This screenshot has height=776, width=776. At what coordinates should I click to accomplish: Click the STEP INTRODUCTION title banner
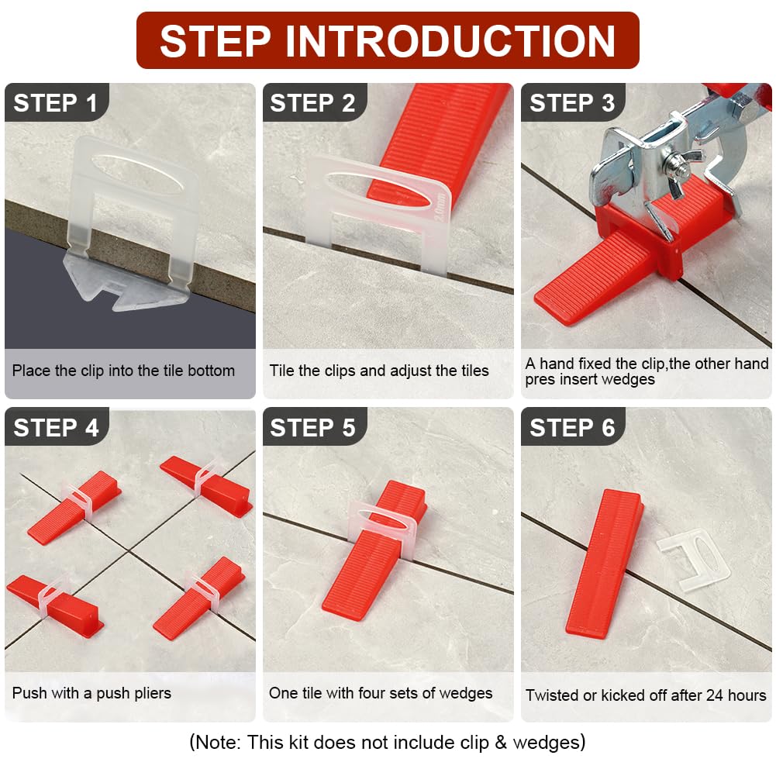pos(388,40)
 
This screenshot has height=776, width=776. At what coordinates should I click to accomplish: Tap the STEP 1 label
pos(55,103)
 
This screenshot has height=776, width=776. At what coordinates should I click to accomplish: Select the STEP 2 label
pos(312,103)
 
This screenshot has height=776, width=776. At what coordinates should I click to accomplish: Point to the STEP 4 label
pos(56,428)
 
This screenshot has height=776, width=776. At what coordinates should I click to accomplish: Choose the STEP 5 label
pos(312,428)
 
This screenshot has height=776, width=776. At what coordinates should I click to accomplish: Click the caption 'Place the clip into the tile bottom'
pos(123,371)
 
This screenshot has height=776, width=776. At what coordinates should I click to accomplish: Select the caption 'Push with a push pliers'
pos(91,693)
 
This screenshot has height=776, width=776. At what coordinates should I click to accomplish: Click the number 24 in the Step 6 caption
pos(715,695)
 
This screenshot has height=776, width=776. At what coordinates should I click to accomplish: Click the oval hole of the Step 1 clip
pos(137,174)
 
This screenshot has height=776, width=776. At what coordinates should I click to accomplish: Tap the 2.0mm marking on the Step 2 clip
pos(440,207)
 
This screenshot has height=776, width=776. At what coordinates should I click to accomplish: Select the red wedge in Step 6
pos(604,563)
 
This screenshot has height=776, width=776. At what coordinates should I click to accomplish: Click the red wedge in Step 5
pos(374,550)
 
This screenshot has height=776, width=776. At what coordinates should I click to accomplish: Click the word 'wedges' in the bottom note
pos(546,743)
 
